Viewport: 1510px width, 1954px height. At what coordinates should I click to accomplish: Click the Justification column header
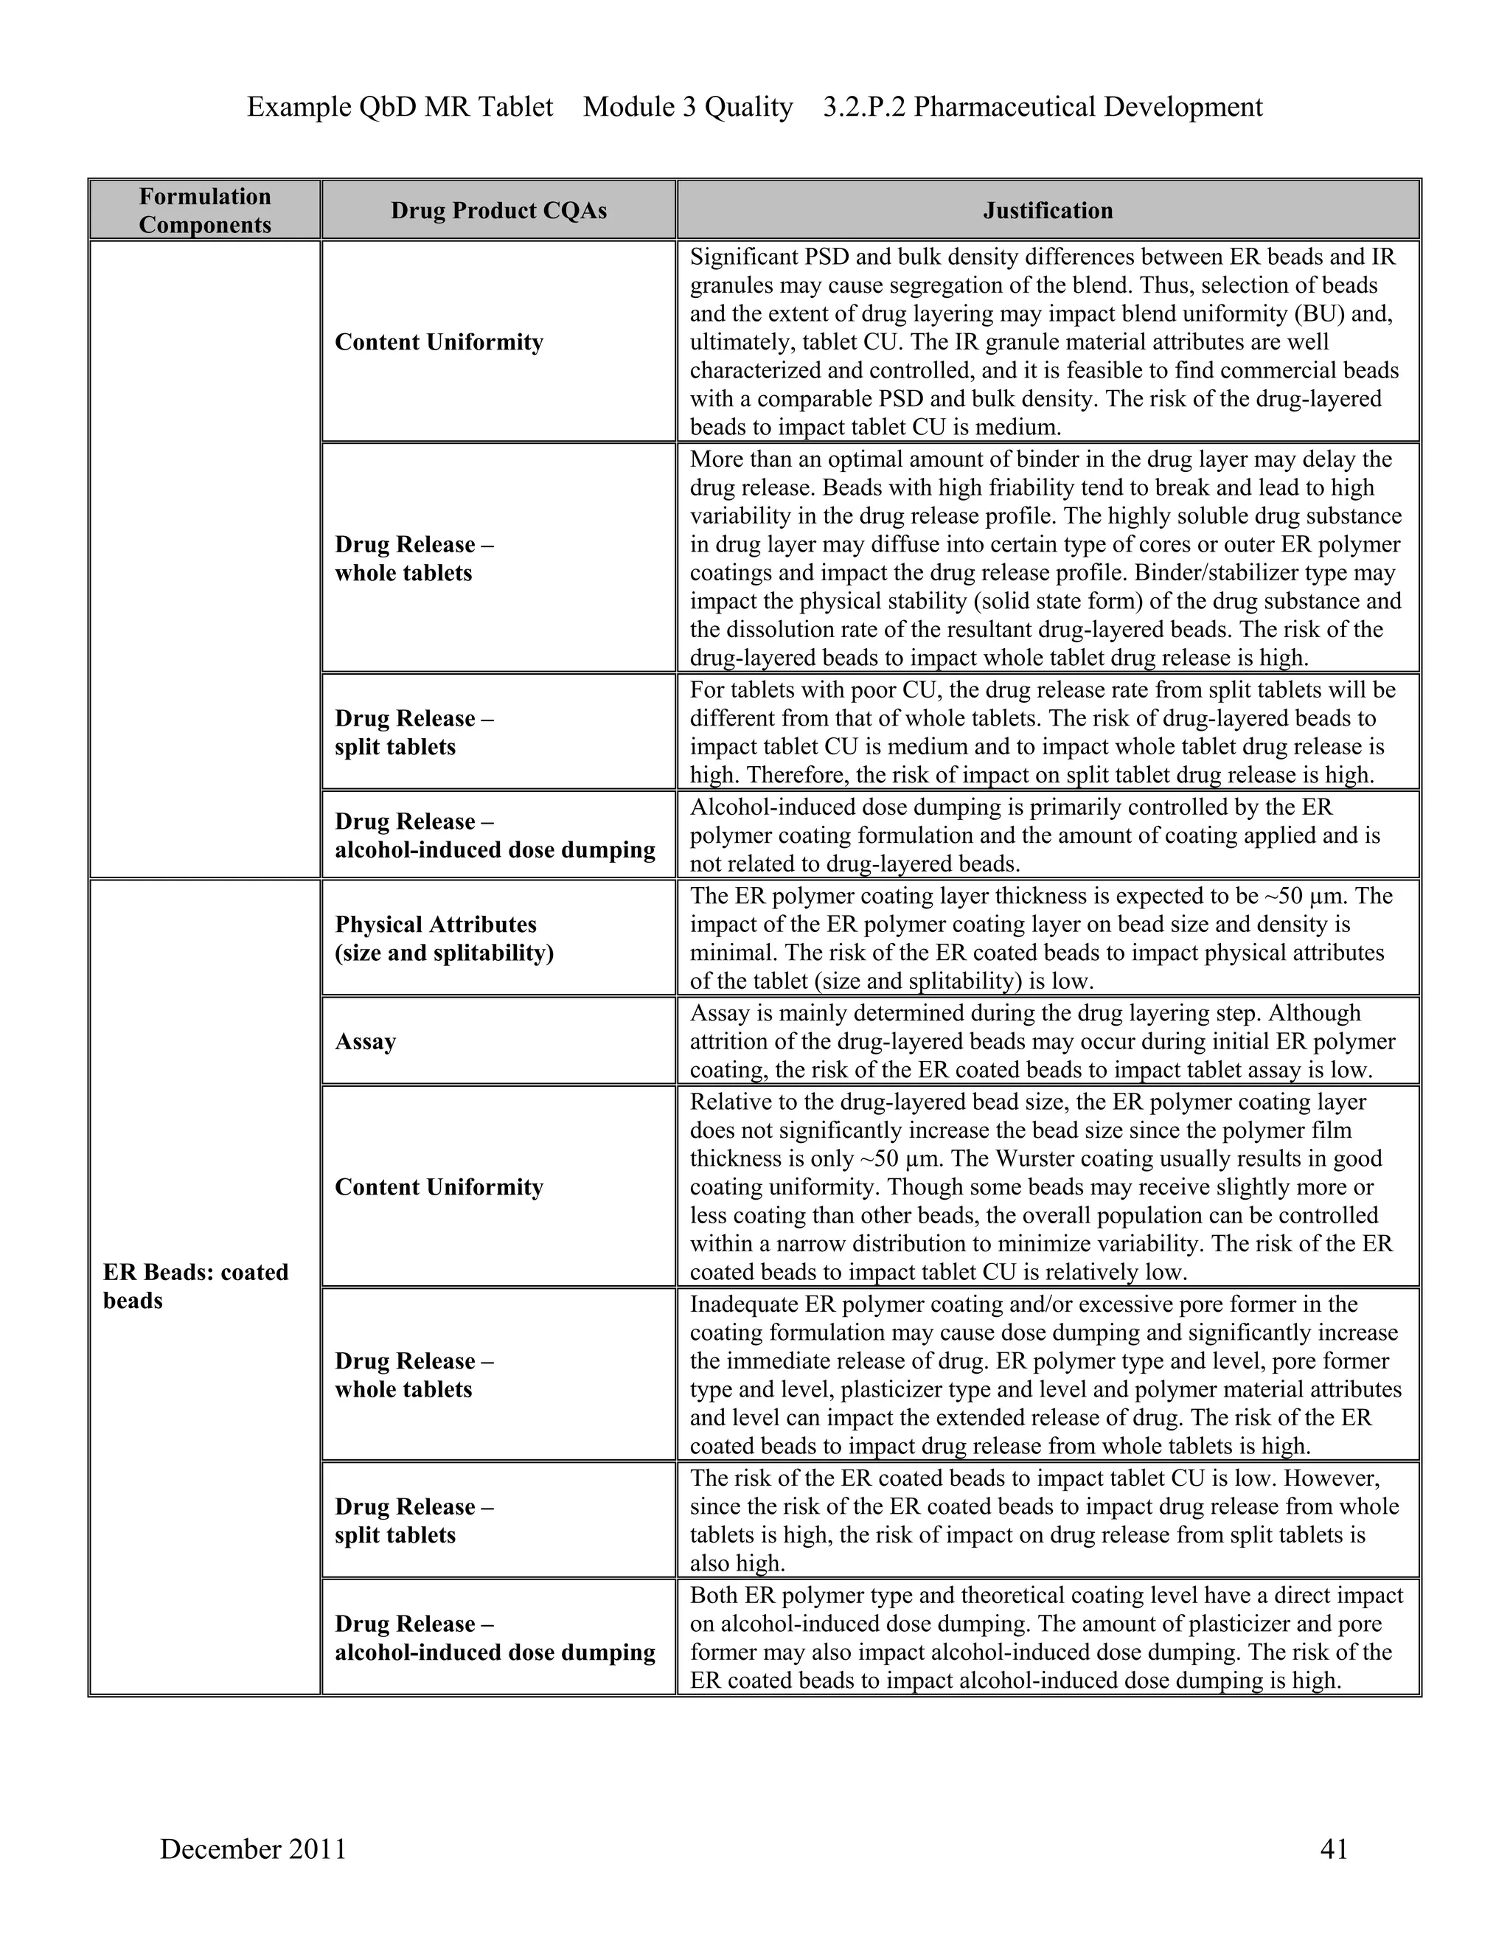pyautogui.click(x=1048, y=210)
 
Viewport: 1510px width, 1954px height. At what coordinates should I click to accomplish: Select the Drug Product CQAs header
pyautogui.click(x=498, y=210)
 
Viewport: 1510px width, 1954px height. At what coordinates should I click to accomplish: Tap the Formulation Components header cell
pyautogui.click(x=205, y=210)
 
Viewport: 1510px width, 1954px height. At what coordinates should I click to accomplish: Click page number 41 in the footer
pyautogui.click(x=1333, y=1849)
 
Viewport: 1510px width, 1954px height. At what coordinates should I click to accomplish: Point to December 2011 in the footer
pyautogui.click(x=253, y=1849)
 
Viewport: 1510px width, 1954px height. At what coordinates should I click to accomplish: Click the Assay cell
pyautogui.click(x=365, y=1041)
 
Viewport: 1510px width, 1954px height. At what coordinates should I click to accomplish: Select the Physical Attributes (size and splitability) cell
pyautogui.click(x=444, y=939)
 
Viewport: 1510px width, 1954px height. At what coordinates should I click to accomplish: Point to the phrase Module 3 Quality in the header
pyautogui.click(x=688, y=108)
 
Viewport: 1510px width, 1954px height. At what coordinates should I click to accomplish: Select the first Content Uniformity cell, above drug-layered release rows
pyautogui.click(x=439, y=343)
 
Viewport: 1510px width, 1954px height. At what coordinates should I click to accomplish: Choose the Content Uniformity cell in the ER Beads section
pyautogui.click(x=439, y=1187)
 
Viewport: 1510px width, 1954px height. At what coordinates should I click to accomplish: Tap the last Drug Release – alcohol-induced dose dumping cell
pyautogui.click(x=495, y=1638)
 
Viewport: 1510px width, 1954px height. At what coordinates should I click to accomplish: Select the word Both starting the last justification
pyautogui.click(x=714, y=1595)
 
